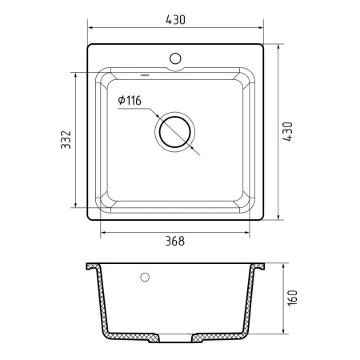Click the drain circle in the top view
(x=174, y=130)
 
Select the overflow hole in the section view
(x=145, y=278)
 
